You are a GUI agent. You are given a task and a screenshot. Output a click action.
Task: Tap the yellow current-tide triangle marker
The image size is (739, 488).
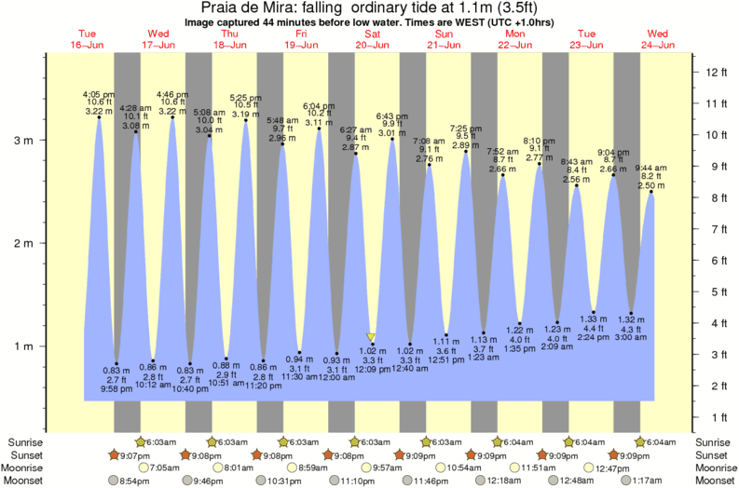[x=371, y=337]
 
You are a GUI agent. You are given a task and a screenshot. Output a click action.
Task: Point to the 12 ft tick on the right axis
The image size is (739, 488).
[x=712, y=72]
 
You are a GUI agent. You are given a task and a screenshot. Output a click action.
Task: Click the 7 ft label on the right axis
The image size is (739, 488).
[x=712, y=229]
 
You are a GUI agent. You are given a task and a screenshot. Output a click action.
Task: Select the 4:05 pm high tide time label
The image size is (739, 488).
[x=98, y=94]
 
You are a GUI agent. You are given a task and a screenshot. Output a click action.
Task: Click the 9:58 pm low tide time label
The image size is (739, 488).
[x=116, y=388]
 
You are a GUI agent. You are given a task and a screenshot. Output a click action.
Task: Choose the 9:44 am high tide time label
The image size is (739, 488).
[x=650, y=169]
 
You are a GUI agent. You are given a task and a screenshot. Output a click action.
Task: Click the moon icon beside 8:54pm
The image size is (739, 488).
[x=114, y=481]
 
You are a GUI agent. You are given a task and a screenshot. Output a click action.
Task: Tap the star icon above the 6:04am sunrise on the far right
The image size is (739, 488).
[x=640, y=441]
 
